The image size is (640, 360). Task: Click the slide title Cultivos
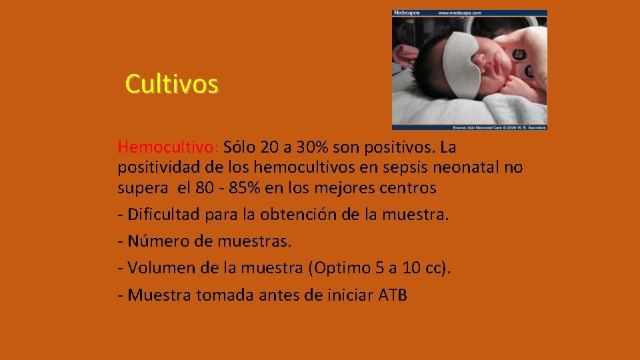pos(171,85)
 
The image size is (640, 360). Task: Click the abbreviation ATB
pos(392,294)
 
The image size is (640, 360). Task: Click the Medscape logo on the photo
pos(407,13)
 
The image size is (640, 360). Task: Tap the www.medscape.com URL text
pos(459,13)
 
